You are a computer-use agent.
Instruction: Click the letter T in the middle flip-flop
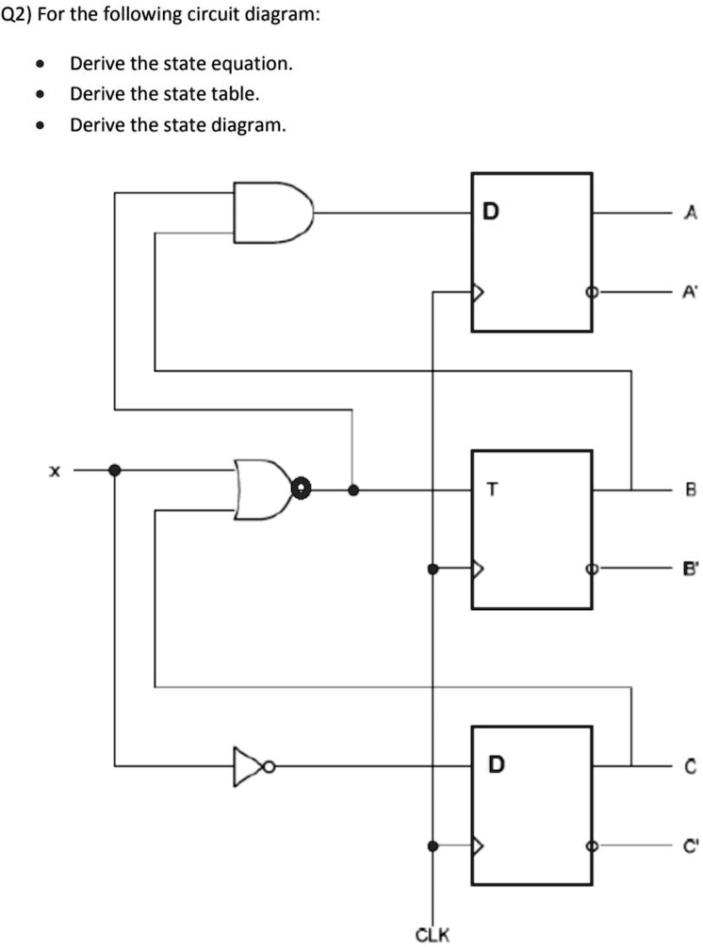click(490, 489)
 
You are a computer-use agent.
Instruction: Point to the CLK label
click(433, 935)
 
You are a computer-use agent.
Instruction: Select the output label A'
click(691, 293)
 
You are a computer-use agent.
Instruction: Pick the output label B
click(690, 490)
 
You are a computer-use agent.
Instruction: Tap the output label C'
click(691, 844)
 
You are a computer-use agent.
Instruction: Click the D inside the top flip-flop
click(490, 212)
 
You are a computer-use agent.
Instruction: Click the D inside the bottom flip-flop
click(496, 764)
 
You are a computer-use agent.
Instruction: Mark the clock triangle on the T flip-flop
click(478, 570)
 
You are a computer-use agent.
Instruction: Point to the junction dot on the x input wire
click(115, 470)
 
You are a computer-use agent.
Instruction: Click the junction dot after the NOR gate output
click(352, 490)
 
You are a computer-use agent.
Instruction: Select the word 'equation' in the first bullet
click(256, 64)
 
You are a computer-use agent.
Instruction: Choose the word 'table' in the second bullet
click(238, 94)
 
